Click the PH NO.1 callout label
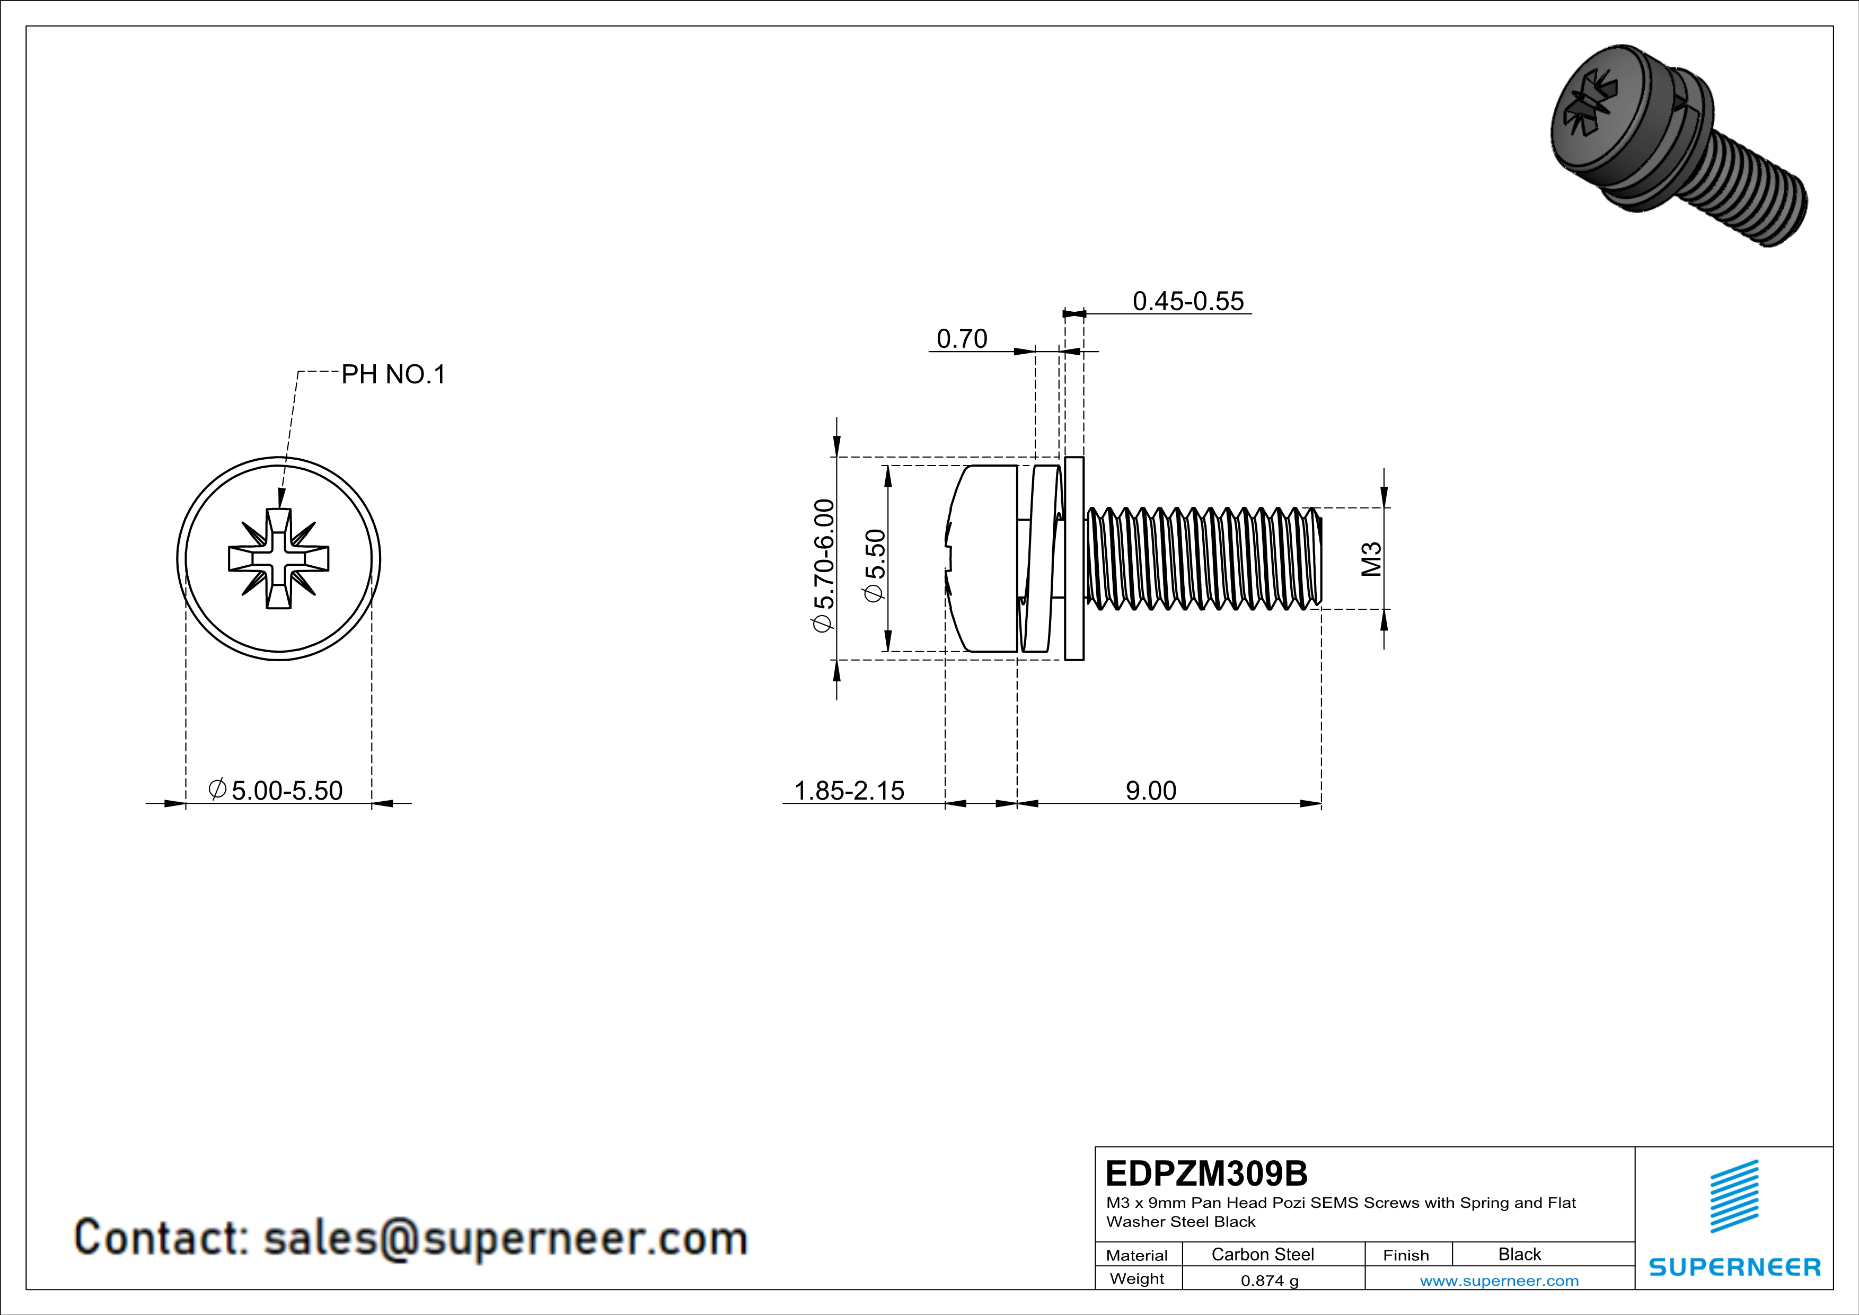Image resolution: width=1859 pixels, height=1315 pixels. pyautogui.click(x=393, y=375)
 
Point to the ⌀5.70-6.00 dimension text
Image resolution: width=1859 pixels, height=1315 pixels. pyautogui.click(x=823, y=566)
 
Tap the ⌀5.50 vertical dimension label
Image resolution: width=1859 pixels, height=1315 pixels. pyautogui.click(x=875, y=565)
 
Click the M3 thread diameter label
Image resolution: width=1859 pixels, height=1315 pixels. pyautogui.click(x=1371, y=559)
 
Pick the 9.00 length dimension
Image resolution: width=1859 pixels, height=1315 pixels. pyautogui.click(x=1150, y=790)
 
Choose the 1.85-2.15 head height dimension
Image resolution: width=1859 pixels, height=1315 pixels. pyautogui.click(x=849, y=790)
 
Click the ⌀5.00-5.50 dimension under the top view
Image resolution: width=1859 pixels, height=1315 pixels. pyautogui.click(x=276, y=790)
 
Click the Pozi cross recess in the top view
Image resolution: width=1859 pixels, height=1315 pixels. pyautogui.click(x=278, y=559)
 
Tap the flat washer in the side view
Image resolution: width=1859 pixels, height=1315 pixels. pyautogui.click(x=1073, y=559)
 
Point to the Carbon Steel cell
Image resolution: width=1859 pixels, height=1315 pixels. pyautogui.click(x=1262, y=1254)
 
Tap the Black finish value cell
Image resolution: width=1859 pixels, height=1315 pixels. pyautogui.click(x=1519, y=1254)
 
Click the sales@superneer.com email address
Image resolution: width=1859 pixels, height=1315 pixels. pyautogui.click(x=505, y=1239)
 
